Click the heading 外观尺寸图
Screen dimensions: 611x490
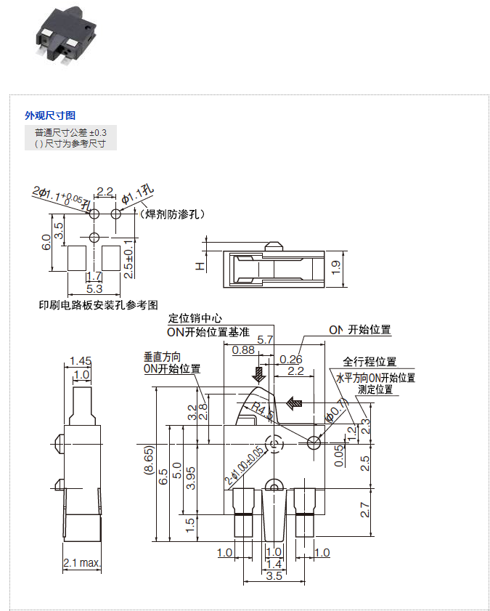50,116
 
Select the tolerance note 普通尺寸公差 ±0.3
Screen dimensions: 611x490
70,132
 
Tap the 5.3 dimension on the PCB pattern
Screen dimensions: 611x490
94,288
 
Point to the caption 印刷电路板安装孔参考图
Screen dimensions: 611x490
98,305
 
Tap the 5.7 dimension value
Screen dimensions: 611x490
265,339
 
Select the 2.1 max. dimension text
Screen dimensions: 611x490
81,563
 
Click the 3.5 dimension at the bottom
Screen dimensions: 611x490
274,575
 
